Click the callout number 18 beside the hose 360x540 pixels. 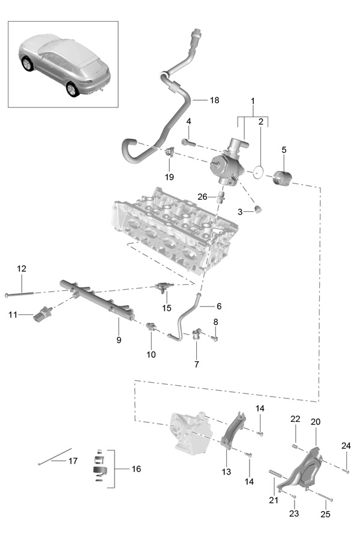tap(214, 100)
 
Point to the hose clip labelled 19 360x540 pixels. tap(170, 152)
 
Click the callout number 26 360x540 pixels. tap(202, 197)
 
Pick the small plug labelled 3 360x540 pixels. tap(257, 209)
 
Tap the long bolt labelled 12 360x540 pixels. tap(19, 294)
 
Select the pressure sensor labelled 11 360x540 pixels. tap(43, 314)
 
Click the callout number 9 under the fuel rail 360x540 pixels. tap(119, 340)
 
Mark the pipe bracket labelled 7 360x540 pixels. tap(197, 334)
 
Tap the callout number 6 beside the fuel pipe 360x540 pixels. tap(219, 306)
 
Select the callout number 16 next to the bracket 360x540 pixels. tap(136, 469)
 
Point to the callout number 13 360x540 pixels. tap(226, 472)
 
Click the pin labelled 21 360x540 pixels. tap(275, 473)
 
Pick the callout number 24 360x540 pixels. tap(346, 446)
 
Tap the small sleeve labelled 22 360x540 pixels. tap(295, 446)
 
